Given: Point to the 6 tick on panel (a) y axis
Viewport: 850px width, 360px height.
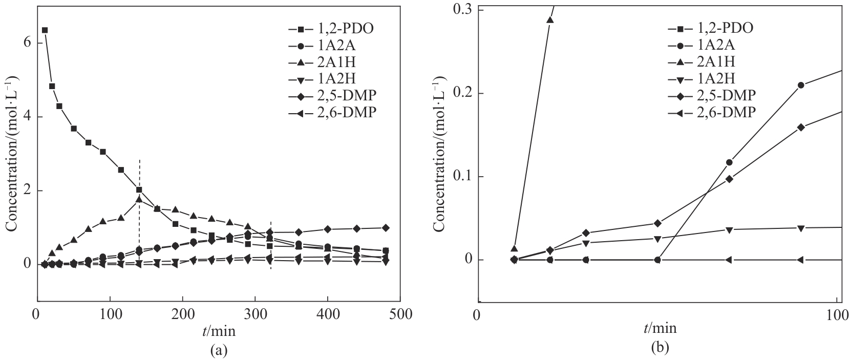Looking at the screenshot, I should pos(26,43).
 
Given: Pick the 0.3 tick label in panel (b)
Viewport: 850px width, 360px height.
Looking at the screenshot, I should pos(462,10).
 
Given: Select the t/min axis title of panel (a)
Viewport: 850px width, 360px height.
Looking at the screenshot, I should pos(219,331).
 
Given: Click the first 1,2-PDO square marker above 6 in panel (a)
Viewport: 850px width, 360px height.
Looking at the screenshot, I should pos(45,30).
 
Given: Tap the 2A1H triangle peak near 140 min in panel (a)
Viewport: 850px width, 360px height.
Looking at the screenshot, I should pos(139,200).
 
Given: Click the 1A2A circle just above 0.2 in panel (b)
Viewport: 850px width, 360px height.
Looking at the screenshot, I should pos(801,85).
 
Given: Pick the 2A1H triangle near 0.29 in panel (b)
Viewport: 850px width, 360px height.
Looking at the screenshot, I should pos(550,20).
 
